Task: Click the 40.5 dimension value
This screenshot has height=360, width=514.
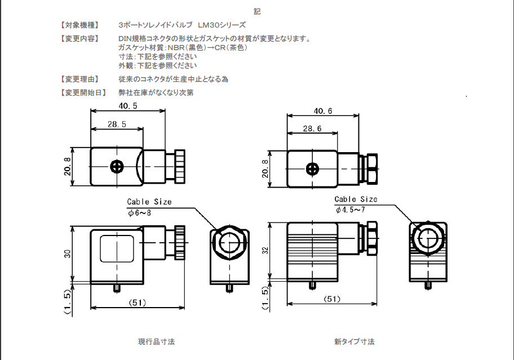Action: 128,106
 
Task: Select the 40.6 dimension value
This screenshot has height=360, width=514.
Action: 323,111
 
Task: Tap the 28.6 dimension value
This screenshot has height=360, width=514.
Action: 312,129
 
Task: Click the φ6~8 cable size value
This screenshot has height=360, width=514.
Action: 139,212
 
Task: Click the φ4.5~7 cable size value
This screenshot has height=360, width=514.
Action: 351,210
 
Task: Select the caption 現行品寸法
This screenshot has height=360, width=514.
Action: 156,341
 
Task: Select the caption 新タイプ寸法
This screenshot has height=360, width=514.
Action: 354,341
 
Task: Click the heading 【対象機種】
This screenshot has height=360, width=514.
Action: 79,25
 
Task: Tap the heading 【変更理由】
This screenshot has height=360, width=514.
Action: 79,79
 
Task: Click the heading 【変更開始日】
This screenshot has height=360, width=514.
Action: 82,92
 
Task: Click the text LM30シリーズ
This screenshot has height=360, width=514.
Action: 221,25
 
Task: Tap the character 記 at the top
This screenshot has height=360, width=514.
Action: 257,11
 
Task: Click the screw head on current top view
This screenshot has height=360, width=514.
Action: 117,167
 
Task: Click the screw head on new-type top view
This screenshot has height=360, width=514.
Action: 312,168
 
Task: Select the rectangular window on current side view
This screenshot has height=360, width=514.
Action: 117,248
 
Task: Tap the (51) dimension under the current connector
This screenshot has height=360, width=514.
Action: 138,303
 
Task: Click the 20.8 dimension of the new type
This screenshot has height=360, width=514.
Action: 265,168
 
